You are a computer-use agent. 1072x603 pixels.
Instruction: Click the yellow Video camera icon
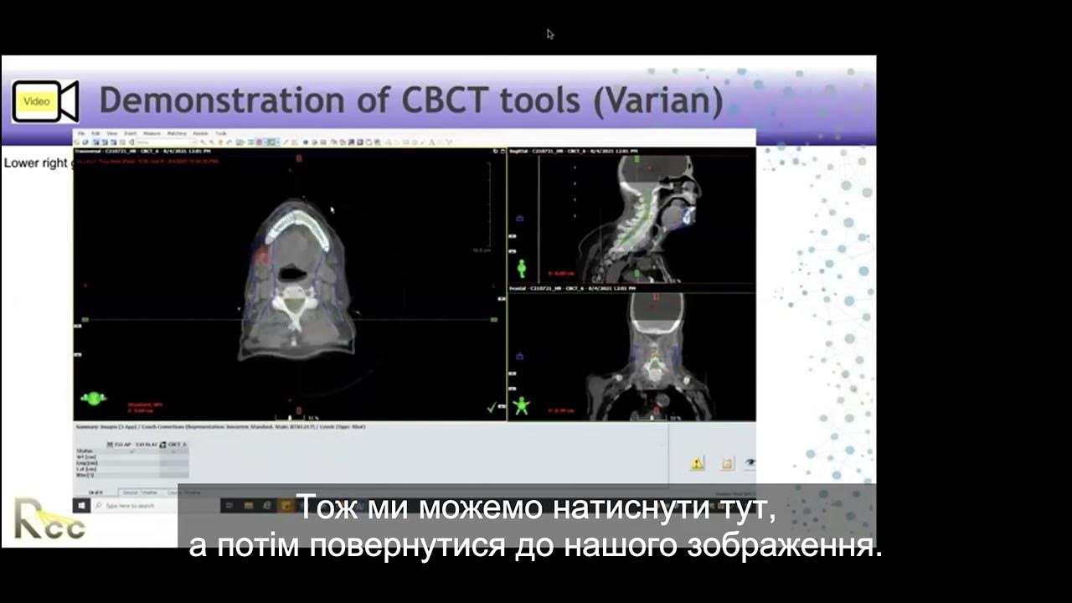click(x=44, y=101)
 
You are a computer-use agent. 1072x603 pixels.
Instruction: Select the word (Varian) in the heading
click(x=657, y=100)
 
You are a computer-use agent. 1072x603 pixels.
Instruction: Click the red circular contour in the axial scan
click(x=262, y=255)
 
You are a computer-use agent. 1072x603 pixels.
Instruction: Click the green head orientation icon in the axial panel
click(x=94, y=398)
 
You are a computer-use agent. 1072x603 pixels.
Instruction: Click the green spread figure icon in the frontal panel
click(x=522, y=405)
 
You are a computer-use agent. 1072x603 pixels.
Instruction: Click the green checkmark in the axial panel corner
click(x=491, y=408)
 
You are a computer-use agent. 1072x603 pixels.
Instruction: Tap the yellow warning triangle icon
click(x=697, y=463)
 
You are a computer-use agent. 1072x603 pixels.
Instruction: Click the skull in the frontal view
click(x=656, y=314)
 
